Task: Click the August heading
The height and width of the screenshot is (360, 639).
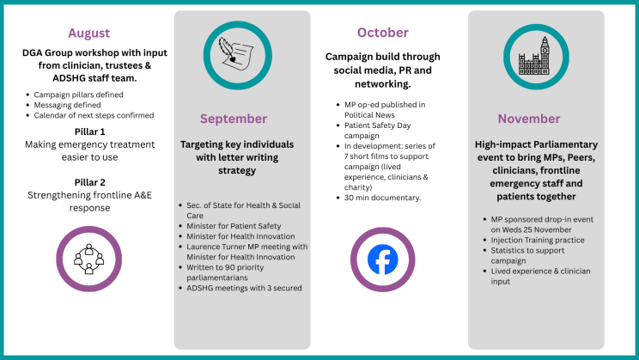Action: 88,33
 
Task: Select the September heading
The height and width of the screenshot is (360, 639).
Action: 234,119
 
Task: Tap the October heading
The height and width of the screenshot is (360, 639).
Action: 383,33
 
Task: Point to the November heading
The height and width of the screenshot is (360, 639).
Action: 529,119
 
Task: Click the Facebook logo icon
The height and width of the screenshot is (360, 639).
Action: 383,259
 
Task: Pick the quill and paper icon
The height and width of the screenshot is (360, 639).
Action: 236,53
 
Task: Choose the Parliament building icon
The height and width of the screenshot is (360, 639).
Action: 535,56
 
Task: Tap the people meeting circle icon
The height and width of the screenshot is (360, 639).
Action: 88,259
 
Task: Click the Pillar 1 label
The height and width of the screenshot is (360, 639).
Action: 89,131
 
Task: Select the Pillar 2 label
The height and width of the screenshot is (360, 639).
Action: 89,182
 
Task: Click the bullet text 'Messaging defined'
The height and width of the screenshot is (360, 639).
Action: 67,105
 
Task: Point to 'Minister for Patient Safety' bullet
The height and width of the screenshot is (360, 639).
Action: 234,226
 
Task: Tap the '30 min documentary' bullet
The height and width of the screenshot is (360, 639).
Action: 383,198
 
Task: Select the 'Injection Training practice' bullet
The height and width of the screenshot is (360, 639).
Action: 538,240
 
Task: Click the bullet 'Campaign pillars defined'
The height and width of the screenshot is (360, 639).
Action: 78,95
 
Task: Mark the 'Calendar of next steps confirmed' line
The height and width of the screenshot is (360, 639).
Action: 94,115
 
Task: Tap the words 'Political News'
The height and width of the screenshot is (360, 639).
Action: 369,115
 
